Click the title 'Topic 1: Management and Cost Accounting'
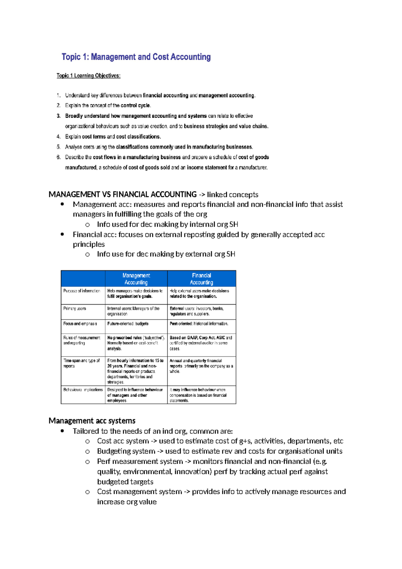136,57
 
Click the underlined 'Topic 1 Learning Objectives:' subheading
88,76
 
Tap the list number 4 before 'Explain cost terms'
59,137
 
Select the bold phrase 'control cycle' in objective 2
135,105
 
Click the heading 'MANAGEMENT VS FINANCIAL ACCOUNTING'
123,195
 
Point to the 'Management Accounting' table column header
136,279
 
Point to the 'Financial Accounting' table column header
201,279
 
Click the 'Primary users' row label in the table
75,308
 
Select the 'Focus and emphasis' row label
80,324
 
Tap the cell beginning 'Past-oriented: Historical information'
199,324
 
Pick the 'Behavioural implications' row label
83,390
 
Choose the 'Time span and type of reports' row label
81,363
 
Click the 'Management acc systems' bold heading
92,421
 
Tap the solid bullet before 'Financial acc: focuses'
62,235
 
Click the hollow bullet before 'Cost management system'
87,492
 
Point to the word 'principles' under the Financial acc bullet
89,244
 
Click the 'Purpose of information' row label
82,291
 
